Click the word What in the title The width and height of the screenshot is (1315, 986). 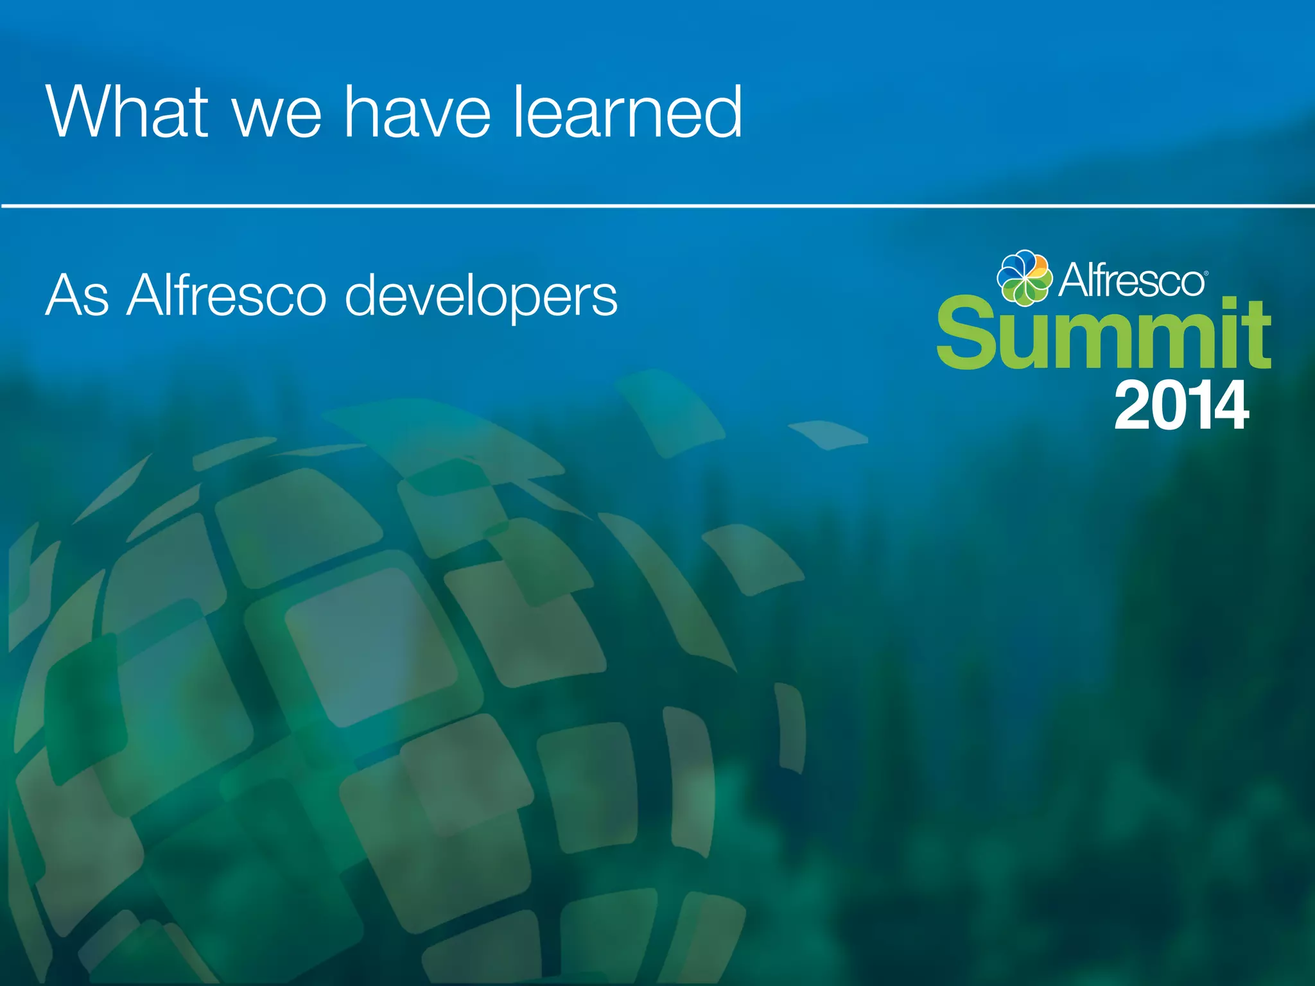(127, 112)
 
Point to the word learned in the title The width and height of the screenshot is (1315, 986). (627, 112)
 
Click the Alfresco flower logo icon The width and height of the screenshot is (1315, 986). (1024, 277)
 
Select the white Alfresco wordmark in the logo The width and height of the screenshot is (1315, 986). (1131, 281)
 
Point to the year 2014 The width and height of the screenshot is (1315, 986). (1181, 406)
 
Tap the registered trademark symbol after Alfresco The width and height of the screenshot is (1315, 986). (1206, 273)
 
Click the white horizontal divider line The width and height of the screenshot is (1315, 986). (657, 206)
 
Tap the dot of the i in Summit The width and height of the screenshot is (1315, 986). (1229, 303)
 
